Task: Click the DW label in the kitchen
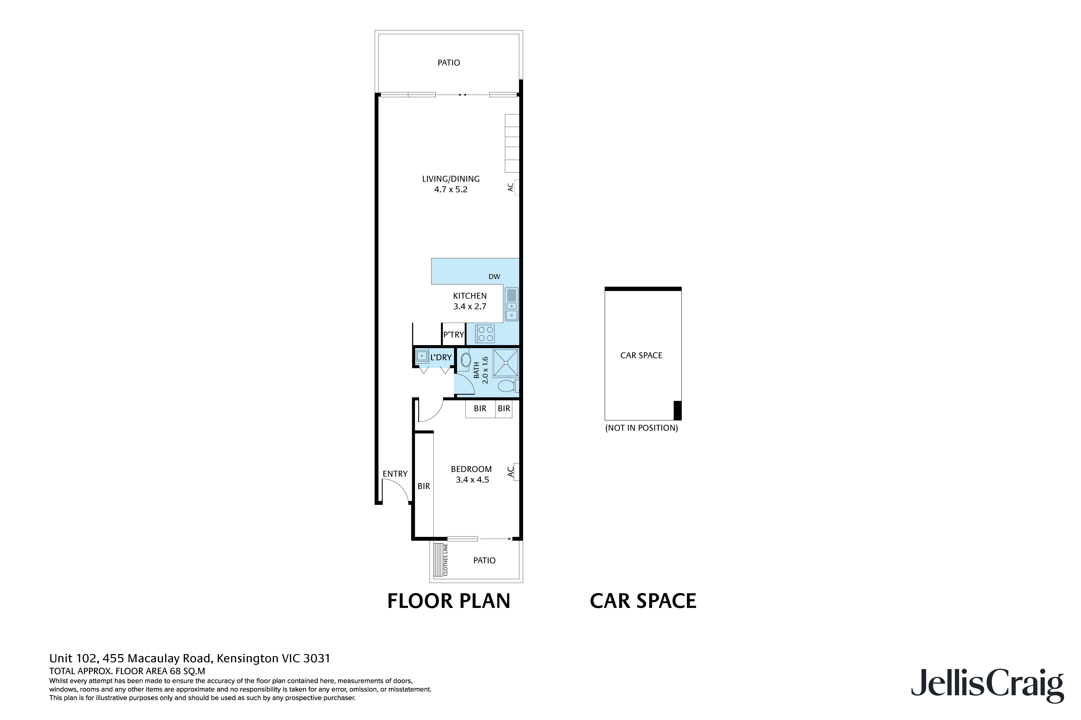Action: click(494, 276)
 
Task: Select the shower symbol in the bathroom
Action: click(506, 363)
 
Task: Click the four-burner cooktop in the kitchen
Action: click(485, 334)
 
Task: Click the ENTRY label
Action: click(395, 474)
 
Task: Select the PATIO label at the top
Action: click(448, 62)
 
